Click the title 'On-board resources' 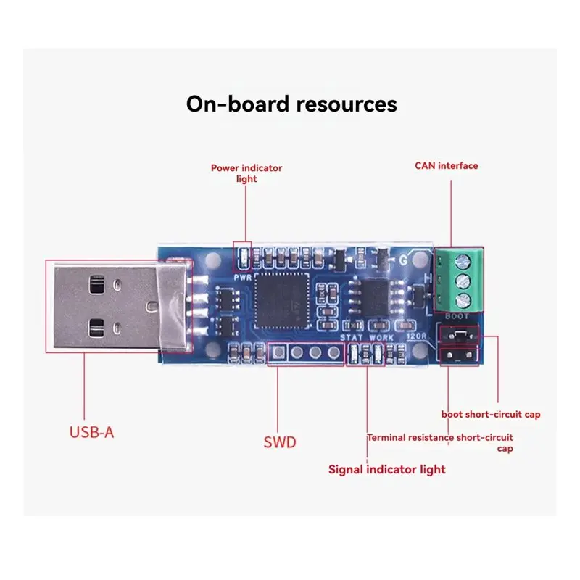point(291,104)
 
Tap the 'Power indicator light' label point(246,173)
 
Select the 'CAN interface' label point(446,166)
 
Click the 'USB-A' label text point(91,432)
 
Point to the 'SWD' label point(280,442)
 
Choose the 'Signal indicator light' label point(387,469)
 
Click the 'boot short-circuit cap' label point(491,414)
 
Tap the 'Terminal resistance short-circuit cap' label point(440,443)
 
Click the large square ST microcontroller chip point(282,301)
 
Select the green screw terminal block point(459,280)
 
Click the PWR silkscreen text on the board point(242,278)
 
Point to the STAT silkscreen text point(352,337)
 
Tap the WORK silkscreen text point(381,337)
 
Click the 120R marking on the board point(416,336)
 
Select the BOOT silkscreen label point(457,316)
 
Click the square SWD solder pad point(278,352)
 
